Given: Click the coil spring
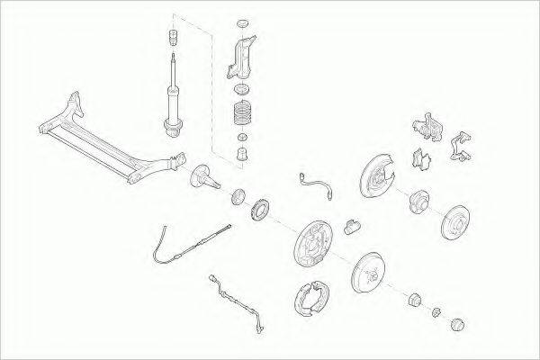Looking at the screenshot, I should [x=241, y=115].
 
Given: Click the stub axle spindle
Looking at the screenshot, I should [x=203, y=176].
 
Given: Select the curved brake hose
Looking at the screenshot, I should [x=316, y=184].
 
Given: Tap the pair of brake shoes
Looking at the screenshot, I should [x=315, y=304].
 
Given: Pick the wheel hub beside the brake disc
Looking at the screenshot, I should [x=418, y=202].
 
